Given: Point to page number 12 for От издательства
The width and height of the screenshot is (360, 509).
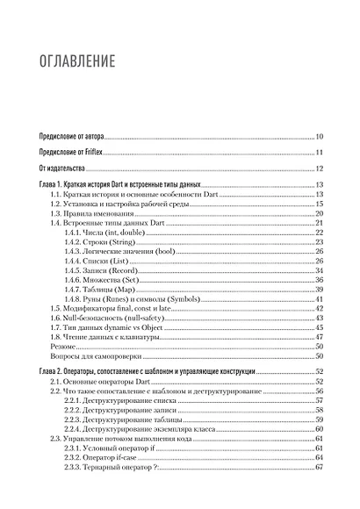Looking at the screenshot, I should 320,168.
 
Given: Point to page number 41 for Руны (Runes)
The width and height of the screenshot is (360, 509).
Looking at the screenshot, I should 320,299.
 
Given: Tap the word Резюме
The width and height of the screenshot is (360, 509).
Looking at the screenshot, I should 65,348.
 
